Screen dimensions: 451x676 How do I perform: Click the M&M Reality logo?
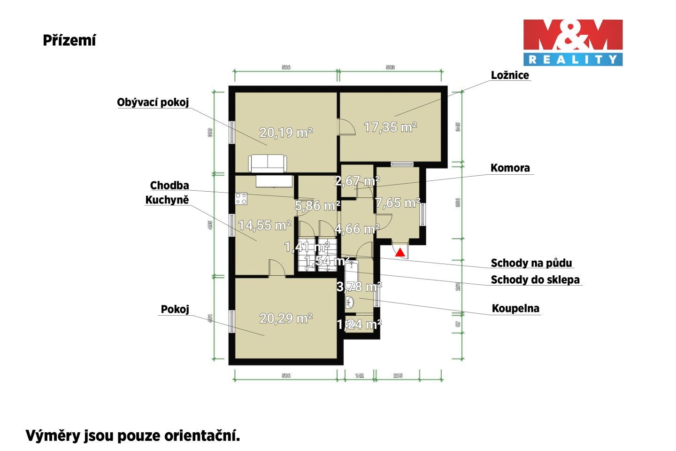(573, 42)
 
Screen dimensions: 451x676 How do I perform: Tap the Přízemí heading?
(69, 40)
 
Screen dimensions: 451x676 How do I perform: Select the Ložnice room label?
(510, 75)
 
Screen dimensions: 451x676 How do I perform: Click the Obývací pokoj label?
(153, 102)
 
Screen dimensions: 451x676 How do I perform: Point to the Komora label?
(510, 168)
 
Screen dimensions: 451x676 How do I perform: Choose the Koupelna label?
(515, 309)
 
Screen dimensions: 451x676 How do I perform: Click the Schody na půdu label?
(531, 263)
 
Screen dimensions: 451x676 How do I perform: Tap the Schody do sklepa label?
(535, 280)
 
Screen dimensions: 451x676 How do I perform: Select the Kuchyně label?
(167, 200)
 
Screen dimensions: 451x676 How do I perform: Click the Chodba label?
(169, 186)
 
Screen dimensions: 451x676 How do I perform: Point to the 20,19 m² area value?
(286, 133)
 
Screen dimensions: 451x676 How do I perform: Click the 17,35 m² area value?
(391, 127)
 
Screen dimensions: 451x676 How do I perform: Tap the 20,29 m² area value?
(286, 319)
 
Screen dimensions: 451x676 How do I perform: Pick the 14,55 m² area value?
(265, 225)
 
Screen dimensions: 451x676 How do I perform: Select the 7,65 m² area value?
(397, 203)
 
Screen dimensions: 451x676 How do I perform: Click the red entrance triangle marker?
(399, 253)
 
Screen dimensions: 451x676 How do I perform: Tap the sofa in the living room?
(267, 163)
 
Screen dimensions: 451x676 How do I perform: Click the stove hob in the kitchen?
(241, 199)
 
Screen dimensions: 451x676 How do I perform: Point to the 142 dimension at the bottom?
(359, 376)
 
